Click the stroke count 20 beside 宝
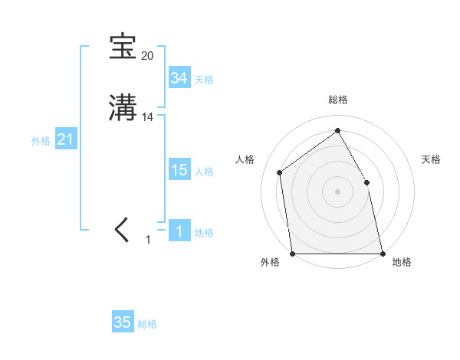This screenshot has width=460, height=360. click(x=147, y=56)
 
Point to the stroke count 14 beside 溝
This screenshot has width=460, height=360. click(x=148, y=117)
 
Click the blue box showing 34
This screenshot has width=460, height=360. click(x=179, y=78)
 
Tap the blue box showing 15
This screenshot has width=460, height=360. click(x=179, y=170)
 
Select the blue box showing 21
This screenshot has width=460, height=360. click(x=65, y=140)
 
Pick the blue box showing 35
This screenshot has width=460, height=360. click(x=123, y=322)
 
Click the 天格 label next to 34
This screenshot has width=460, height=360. click(x=204, y=80)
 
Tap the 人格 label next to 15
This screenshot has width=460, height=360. click(x=204, y=172)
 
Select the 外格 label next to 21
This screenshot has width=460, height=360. click(x=41, y=141)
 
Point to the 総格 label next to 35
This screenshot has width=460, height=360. click(x=147, y=324)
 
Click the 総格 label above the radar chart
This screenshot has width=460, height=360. click(x=337, y=100)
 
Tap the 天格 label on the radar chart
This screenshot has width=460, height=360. click(x=431, y=159)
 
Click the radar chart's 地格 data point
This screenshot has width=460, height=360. click(x=382, y=253)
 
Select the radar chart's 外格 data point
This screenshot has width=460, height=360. click(x=292, y=253)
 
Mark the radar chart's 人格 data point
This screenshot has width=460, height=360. click(x=280, y=172)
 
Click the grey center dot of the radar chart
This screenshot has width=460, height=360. click(x=337, y=191)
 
